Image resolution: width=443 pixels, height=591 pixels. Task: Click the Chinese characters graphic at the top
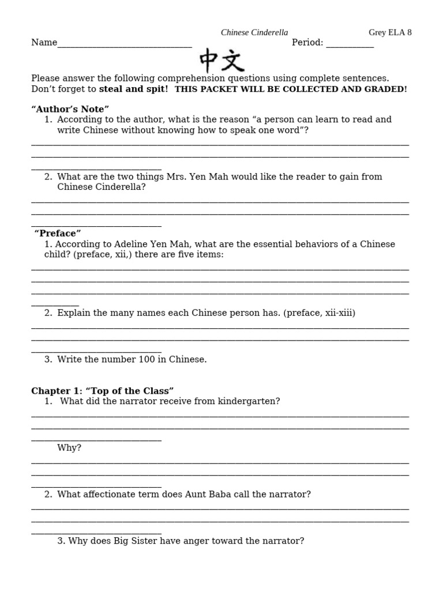[222, 60]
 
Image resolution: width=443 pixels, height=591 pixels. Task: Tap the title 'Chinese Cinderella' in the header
[254, 33]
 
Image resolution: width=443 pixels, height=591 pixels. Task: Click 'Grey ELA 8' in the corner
[390, 33]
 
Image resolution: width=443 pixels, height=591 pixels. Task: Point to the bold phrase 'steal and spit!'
[134, 89]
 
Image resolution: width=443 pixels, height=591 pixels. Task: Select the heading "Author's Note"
[70, 109]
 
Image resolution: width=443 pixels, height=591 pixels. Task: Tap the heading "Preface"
[58, 233]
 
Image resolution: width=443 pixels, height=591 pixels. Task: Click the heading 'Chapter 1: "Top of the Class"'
[103, 391]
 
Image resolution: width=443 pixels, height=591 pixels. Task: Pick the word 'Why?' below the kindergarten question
[69, 448]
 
